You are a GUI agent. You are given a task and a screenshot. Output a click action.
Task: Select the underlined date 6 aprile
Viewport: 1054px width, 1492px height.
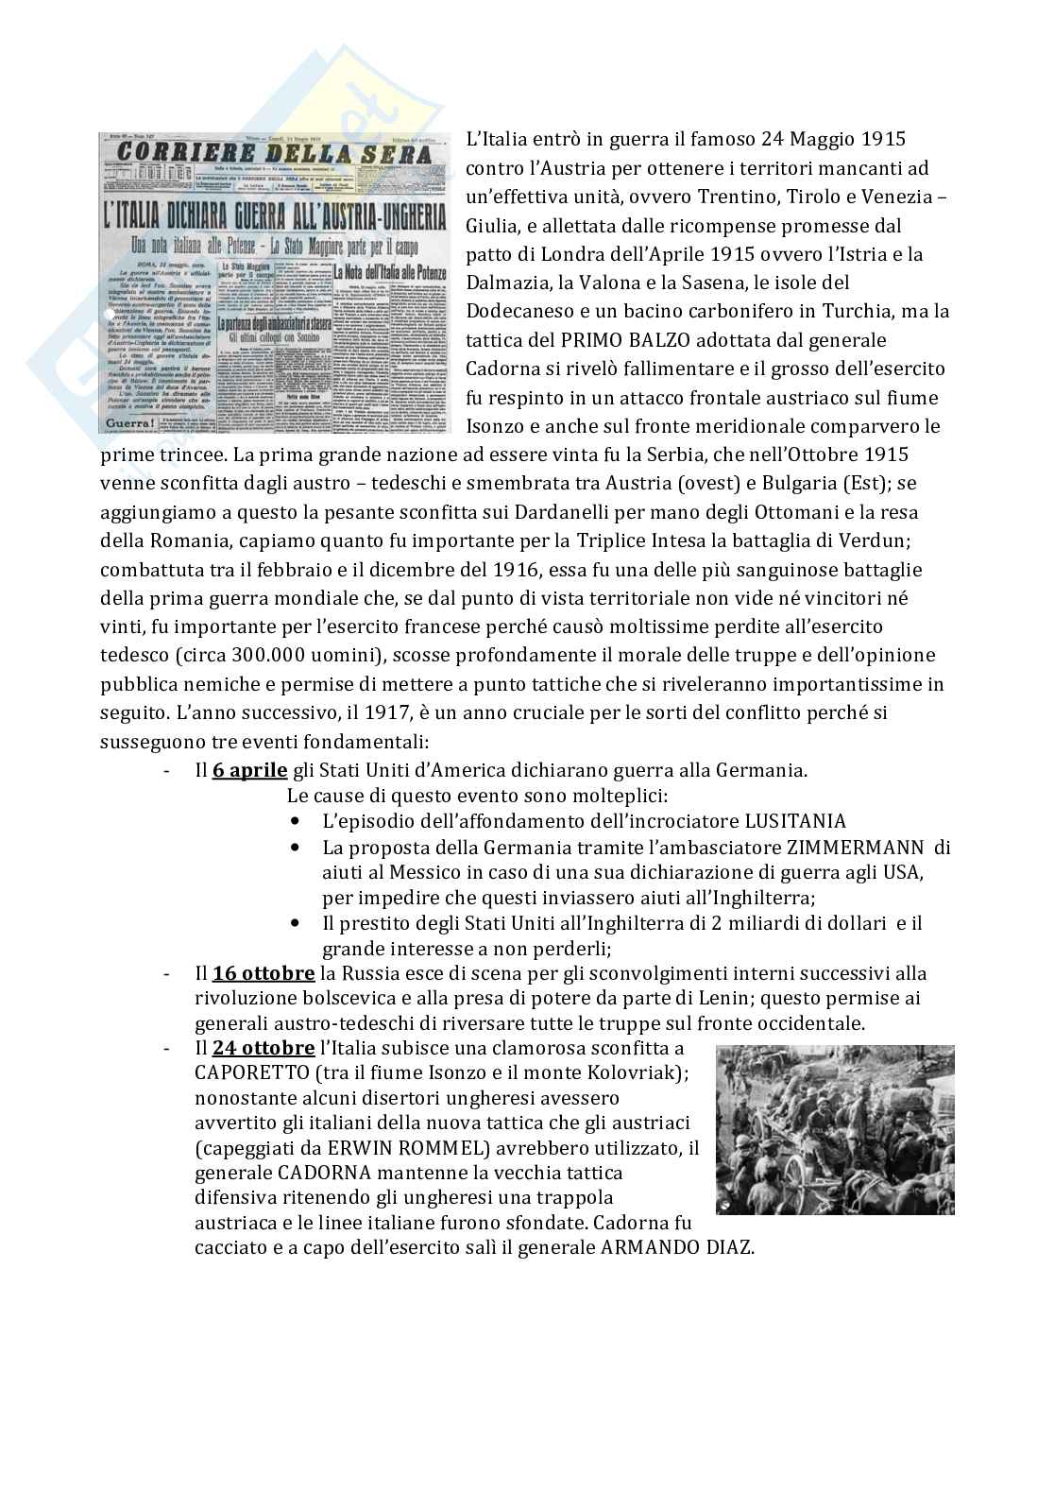click(249, 770)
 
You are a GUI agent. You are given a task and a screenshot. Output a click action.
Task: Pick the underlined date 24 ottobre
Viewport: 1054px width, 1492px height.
click(263, 1048)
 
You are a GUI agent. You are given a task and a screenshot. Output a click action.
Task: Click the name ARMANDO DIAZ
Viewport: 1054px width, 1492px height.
click(677, 1247)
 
